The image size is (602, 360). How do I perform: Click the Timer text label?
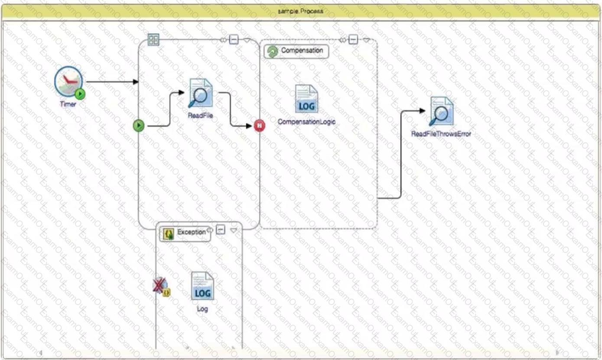click(x=68, y=104)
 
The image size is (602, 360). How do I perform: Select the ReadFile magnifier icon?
click(x=200, y=93)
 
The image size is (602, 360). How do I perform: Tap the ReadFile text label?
click(x=200, y=116)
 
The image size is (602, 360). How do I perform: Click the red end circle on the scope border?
click(x=259, y=126)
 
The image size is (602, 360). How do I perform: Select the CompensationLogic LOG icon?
click(x=306, y=99)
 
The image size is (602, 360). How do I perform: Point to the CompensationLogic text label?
click(x=306, y=122)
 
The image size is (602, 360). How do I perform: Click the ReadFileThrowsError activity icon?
click(x=441, y=111)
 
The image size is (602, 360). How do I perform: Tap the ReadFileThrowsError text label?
click(x=441, y=134)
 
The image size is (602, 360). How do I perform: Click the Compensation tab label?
click(x=302, y=51)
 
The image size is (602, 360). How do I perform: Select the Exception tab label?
click(x=191, y=232)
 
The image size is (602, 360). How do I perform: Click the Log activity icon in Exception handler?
click(x=202, y=286)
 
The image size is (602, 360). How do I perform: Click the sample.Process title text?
click(x=301, y=11)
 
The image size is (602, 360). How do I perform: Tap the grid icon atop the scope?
click(x=153, y=40)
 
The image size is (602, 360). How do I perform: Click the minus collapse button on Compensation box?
click(x=353, y=40)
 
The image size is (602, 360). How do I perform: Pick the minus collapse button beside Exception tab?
click(x=221, y=230)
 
